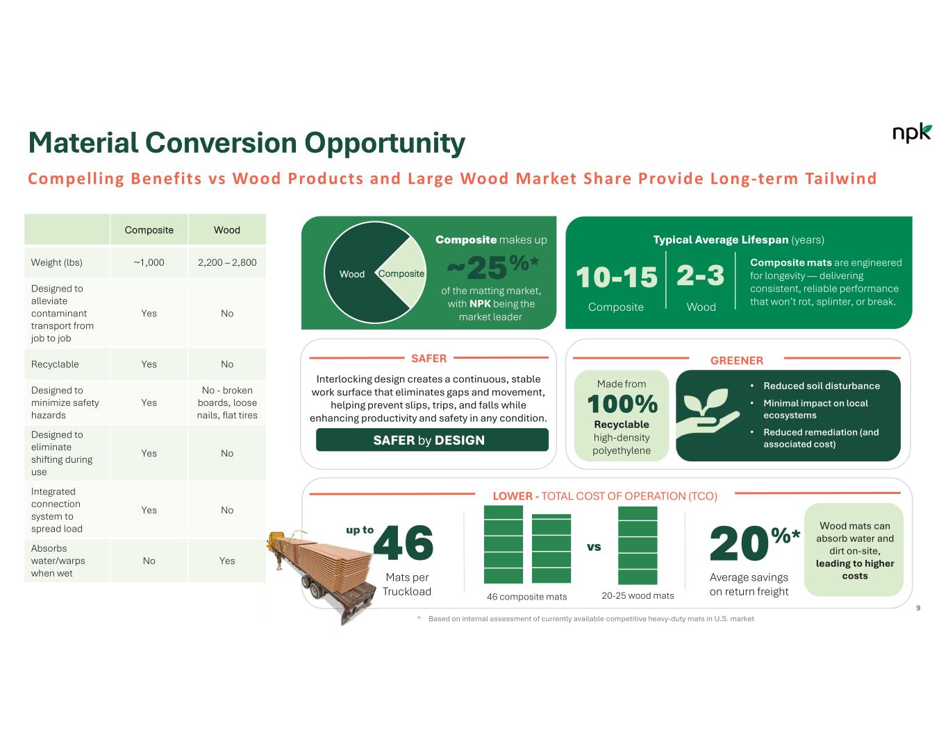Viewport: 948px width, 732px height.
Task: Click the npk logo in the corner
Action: coord(911,133)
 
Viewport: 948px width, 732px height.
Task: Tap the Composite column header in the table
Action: coord(149,230)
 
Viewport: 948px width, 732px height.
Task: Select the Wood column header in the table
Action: coord(227,230)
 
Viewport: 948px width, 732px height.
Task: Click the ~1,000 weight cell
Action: coord(149,262)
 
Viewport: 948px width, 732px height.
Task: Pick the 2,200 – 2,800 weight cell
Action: coord(227,262)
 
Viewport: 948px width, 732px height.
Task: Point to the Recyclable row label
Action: coord(55,364)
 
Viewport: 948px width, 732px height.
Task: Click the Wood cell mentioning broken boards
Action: coord(227,402)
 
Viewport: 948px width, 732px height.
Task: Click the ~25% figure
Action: coord(492,267)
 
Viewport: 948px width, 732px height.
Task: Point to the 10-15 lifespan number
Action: coord(617,277)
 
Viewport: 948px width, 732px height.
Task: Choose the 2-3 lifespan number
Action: coord(701,276)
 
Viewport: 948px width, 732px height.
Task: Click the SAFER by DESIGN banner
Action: coord(432,440)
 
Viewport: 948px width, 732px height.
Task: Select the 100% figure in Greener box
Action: coord(622,404)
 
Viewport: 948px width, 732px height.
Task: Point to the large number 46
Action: coord(404,543)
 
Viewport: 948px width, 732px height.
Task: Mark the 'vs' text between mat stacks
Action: coord(594,547)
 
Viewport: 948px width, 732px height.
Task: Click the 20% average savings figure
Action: coord(754,543)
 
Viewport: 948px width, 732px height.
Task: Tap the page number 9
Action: coord(918,608)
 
